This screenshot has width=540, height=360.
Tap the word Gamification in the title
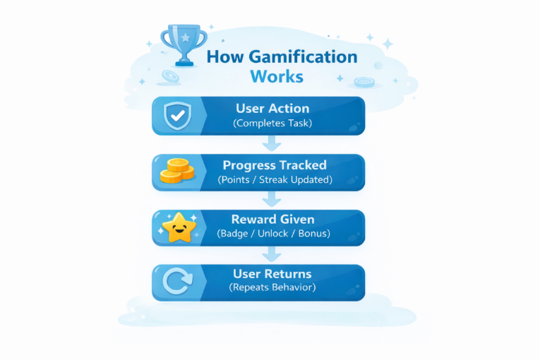304,57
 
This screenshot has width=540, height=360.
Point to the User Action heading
272,109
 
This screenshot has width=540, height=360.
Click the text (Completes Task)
272,124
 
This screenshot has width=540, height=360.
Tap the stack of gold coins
176,172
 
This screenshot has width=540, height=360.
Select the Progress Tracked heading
275,165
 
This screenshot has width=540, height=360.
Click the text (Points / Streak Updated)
275,179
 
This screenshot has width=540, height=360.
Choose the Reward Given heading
272,220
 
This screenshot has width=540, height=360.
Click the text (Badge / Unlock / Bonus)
272,234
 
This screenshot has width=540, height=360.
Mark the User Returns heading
272,274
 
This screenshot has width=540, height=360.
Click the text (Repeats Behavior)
272,288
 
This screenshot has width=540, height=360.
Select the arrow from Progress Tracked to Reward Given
271,199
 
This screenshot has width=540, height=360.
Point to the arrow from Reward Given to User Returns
271,254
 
